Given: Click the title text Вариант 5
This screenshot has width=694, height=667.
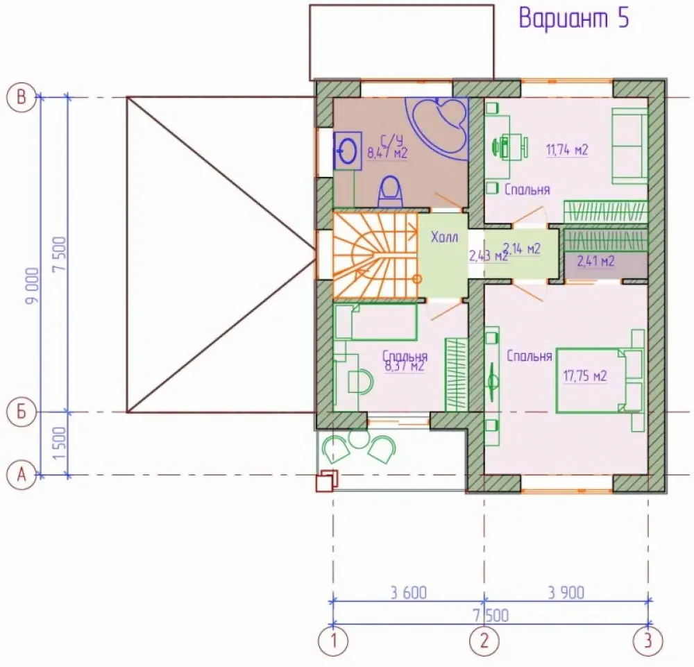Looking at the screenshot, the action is tap(574, 19).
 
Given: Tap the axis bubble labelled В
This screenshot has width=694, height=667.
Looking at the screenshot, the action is tap(22, 97).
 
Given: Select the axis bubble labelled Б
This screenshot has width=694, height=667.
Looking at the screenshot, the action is tap(22, 412).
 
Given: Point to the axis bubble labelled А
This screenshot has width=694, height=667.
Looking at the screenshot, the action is tap(22, 475).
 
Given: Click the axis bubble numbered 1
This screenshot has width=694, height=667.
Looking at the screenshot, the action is tap(333, 641).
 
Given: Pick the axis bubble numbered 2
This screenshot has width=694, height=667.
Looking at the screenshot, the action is tap(484, 641).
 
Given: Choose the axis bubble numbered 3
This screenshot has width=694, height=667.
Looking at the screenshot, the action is tap(648, 641).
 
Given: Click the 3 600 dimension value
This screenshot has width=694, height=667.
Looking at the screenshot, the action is tap(409, 592).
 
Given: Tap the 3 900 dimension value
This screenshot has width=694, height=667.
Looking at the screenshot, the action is tap(566, 592).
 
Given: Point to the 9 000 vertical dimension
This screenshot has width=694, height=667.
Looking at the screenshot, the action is tap(33, 286).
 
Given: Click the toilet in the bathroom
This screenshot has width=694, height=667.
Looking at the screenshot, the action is tap(390, 191).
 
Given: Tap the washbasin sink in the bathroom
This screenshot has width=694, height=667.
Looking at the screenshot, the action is tap(348, 151).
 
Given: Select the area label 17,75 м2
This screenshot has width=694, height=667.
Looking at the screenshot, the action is tap(584, 375).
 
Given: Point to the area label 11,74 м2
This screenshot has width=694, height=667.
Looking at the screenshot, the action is tap(567, 150).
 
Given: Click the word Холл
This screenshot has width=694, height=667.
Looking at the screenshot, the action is tap(444, 237).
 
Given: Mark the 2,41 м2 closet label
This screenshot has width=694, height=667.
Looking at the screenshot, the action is tap(595, 261).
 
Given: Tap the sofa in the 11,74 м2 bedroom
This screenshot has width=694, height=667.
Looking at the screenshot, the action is tap(630, 146).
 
